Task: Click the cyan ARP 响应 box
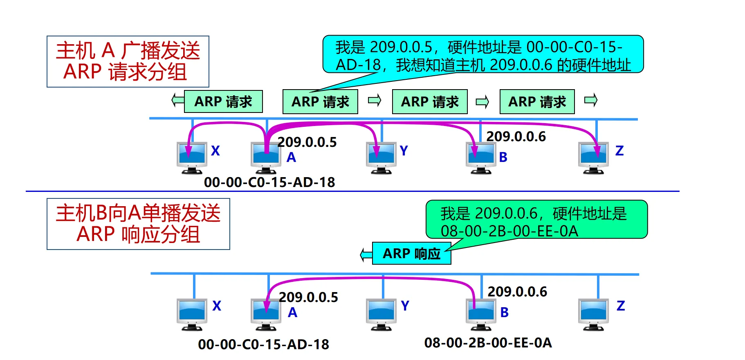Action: [411, 254]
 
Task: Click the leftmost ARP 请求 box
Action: [223, 101]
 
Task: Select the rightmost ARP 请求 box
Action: [537, 101]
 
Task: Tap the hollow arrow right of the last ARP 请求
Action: [591, 100]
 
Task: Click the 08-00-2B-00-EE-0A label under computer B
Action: [488, 343]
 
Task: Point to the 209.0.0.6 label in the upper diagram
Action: [516, 137]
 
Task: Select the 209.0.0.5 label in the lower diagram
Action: [308, 297]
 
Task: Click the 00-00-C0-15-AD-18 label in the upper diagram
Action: [269, 182]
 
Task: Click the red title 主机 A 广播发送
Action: [128, 51]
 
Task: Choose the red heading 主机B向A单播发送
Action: [138, 213]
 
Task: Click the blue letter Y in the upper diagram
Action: [404, 151]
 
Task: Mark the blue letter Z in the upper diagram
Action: [619, 151]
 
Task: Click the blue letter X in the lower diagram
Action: [217, 306]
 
